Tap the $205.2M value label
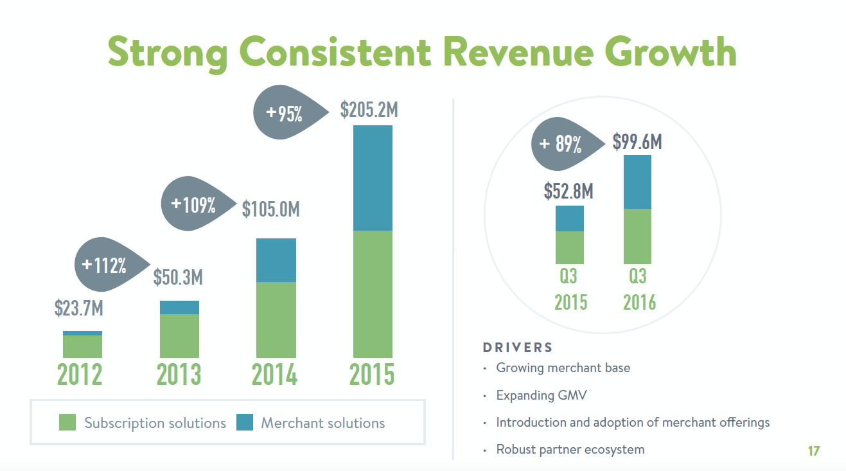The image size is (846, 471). (x=369, y=110)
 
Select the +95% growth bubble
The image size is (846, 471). (x=283, y=114)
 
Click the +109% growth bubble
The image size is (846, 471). (x=192, y=205)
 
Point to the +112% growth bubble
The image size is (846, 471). (x=103, y=265)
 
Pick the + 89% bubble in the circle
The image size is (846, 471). (x=559, y=144)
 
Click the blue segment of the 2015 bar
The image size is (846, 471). (x=373, y=178)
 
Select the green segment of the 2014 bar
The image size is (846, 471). (x=276, y=319)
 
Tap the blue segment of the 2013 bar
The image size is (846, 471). (x=179, y=307)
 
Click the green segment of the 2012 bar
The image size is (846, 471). (x=82, y=346)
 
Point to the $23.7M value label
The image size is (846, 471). (x=78, y=308)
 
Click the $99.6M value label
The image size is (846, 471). (x=637, y=141)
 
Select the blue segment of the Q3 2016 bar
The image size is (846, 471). (x=637, y=182)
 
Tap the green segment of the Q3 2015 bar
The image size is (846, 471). (x=569, y=247)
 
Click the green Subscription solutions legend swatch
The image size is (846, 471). (x=67, y=422)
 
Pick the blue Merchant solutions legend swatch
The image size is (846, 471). (x=245, y=422)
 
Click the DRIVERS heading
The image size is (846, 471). (x=517, y=348)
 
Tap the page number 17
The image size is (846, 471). (x=813, y=451)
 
